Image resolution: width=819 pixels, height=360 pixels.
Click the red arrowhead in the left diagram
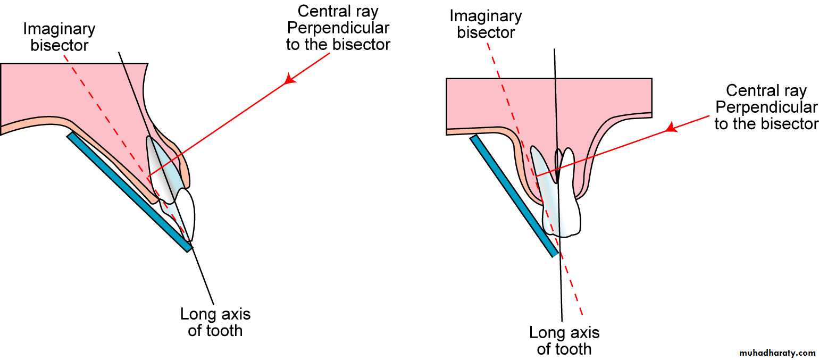coord(289,79)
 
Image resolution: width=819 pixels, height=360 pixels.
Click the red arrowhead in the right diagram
coord(672,127)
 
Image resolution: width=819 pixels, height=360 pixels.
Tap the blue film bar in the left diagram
coord(128,191)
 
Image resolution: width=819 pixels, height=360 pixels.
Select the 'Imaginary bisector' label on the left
coord(59,36)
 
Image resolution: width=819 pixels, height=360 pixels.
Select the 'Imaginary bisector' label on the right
coord(486,24)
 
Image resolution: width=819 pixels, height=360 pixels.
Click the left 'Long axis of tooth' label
coord(215,322)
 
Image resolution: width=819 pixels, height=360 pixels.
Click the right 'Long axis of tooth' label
coord(564,341)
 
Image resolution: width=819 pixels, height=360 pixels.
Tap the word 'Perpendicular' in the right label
coord(766,107)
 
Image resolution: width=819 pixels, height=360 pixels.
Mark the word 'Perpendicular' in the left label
coord(338,28)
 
